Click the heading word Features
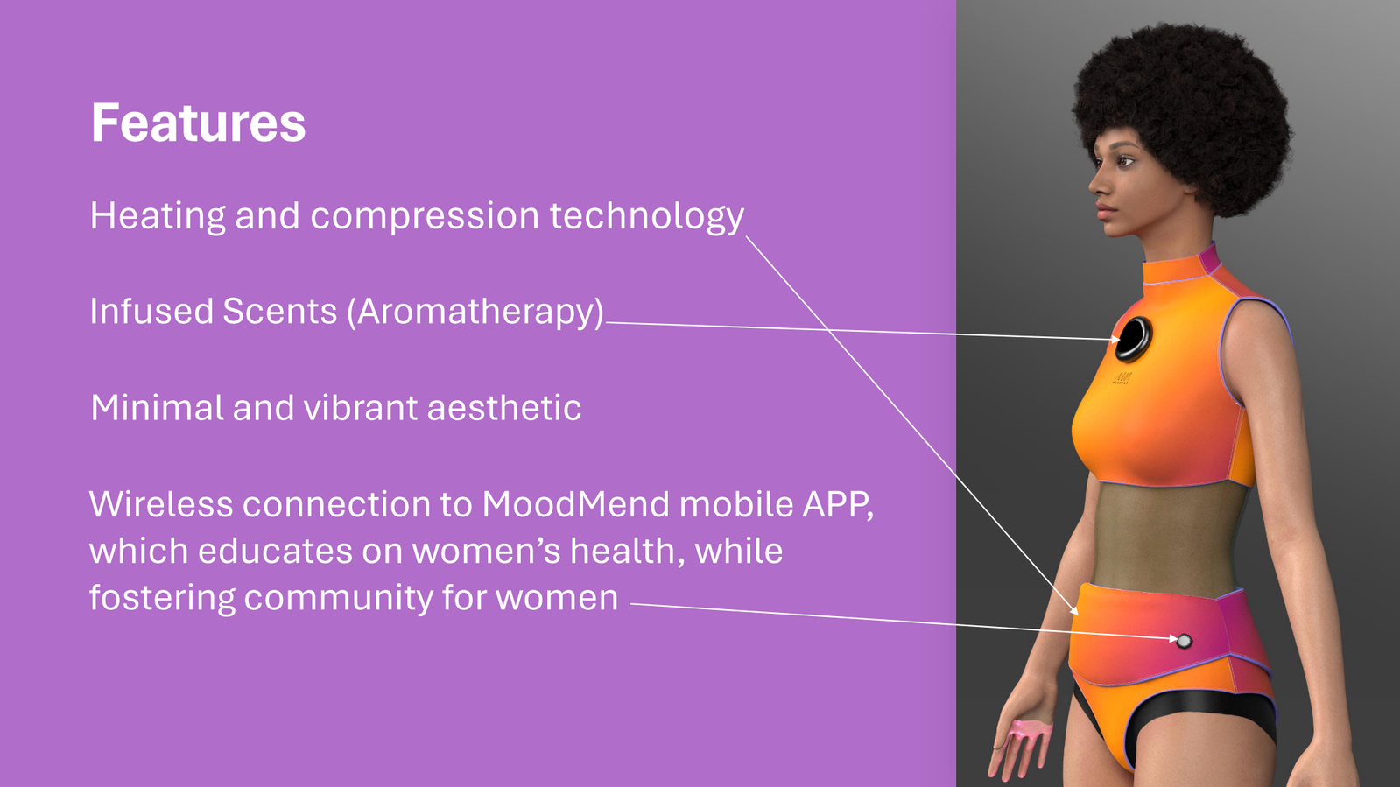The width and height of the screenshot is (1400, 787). (x=198, y=123)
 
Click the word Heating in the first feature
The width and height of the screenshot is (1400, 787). (x=158, y=217)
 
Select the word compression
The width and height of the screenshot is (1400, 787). (x=425, y=217)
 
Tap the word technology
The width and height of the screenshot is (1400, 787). (x=647, y=217)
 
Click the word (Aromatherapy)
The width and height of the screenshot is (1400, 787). (x=475, y=312)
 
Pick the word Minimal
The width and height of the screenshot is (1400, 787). (x=157, y=408)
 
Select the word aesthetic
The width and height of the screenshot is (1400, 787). (x=503, y=408)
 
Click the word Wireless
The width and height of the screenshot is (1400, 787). (x=161, y=504)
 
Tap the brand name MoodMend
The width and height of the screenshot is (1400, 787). (x=575, y=504)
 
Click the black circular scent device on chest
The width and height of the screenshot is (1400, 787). (x=1133, y=339)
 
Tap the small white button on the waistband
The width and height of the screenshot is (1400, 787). (x=1184, y=641)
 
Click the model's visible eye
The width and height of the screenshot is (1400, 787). (x=1126, y=161)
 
